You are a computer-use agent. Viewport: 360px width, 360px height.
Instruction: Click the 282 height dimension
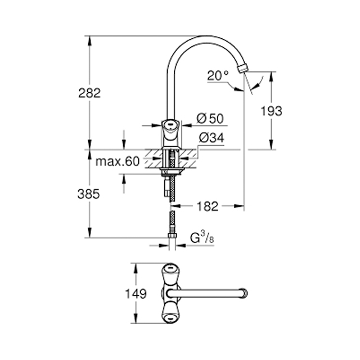[89, 93]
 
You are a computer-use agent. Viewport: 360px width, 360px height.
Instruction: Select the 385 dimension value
[89, 194]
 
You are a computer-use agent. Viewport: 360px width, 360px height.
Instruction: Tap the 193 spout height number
[271, 111]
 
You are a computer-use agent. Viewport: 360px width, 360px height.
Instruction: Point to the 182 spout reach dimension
[208, 206]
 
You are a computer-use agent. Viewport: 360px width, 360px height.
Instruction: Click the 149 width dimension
[136, 294]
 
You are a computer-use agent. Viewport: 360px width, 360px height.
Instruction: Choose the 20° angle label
[218, 75]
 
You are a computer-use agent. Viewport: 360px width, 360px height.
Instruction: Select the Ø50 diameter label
[210, 119]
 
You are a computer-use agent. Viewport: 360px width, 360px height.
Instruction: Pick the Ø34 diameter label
[211, 138]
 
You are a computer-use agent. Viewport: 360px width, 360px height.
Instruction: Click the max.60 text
[118, 161]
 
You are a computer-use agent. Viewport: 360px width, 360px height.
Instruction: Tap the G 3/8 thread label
[202, 237]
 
